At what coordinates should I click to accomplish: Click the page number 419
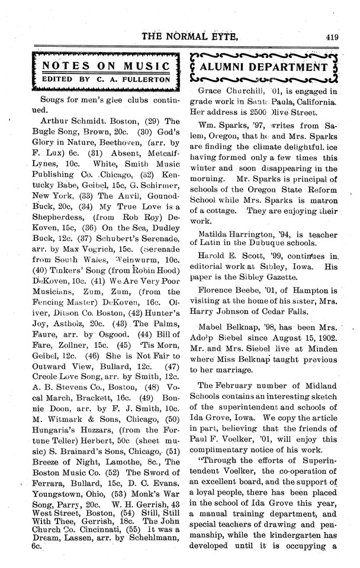click(x=332, y=37)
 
